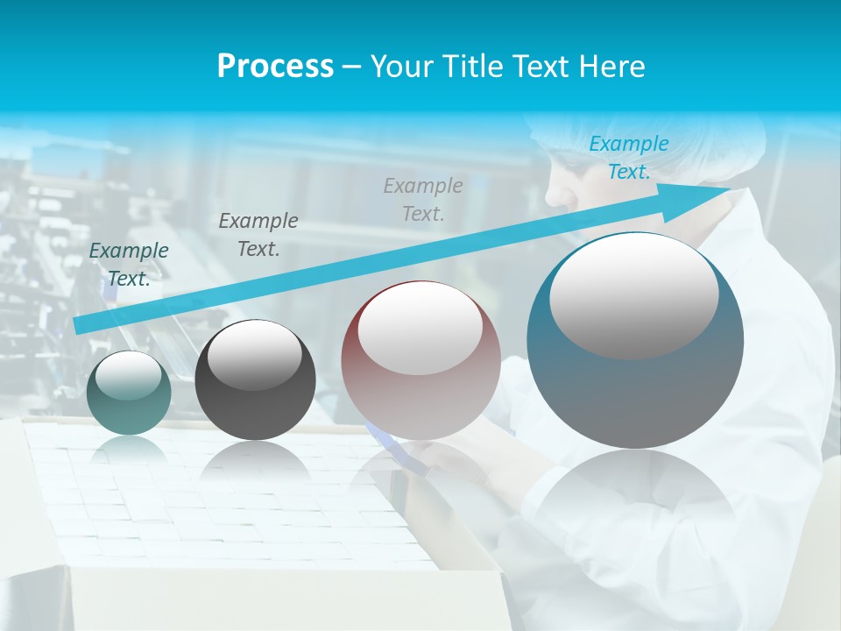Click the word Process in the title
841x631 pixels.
click(x=275, y=66)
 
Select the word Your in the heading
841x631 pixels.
click(x=402, y=66)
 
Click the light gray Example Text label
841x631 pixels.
click(x=423, y=199)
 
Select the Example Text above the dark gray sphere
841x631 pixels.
click(x=258, y=234)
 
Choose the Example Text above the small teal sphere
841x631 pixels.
click(x=129, y=264)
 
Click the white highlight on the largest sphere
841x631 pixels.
click(x=633, y=294)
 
